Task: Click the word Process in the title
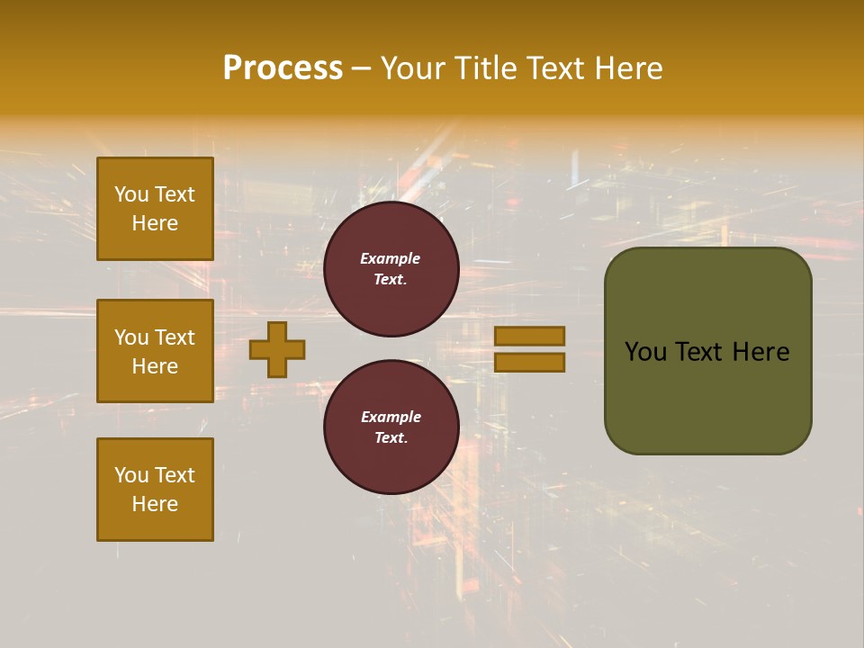[283, 67]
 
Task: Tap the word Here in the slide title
[625, 67]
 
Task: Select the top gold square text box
[155, 209]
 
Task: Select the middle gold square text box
[155, 351]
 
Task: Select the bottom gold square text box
[155, 490]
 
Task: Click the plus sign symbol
[277, 349]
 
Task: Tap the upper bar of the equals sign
[529, 336]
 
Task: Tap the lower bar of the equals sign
[529, 363]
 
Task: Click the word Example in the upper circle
[391, 258]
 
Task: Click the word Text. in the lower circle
[391, 438]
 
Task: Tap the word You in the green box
[645, 352]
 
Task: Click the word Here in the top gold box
[155, 223]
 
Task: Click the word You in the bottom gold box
[131, 475]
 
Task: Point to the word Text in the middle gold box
[175, 337]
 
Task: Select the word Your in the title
[414, 67]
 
